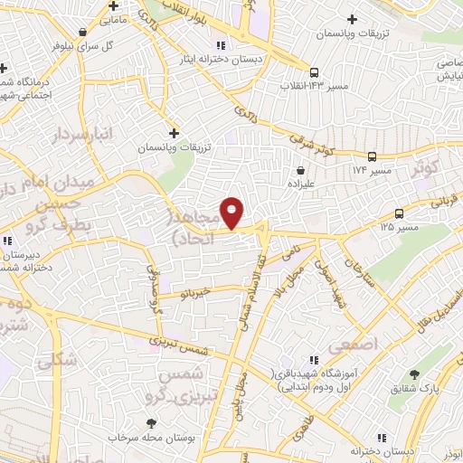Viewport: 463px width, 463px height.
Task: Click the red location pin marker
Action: click(x=232, y=213)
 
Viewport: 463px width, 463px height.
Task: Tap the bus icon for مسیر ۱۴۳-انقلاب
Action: click(x=314, y=72)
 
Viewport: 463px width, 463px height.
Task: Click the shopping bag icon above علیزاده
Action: click(x=300, y=169)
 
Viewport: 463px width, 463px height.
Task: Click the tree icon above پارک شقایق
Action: click(x=414, y=374)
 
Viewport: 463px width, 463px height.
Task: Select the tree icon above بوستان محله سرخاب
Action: click(x=151, y=422)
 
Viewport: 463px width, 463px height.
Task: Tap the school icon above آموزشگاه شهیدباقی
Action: click(x=314, y=360)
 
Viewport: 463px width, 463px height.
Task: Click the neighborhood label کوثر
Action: click(x=424, y=168)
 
